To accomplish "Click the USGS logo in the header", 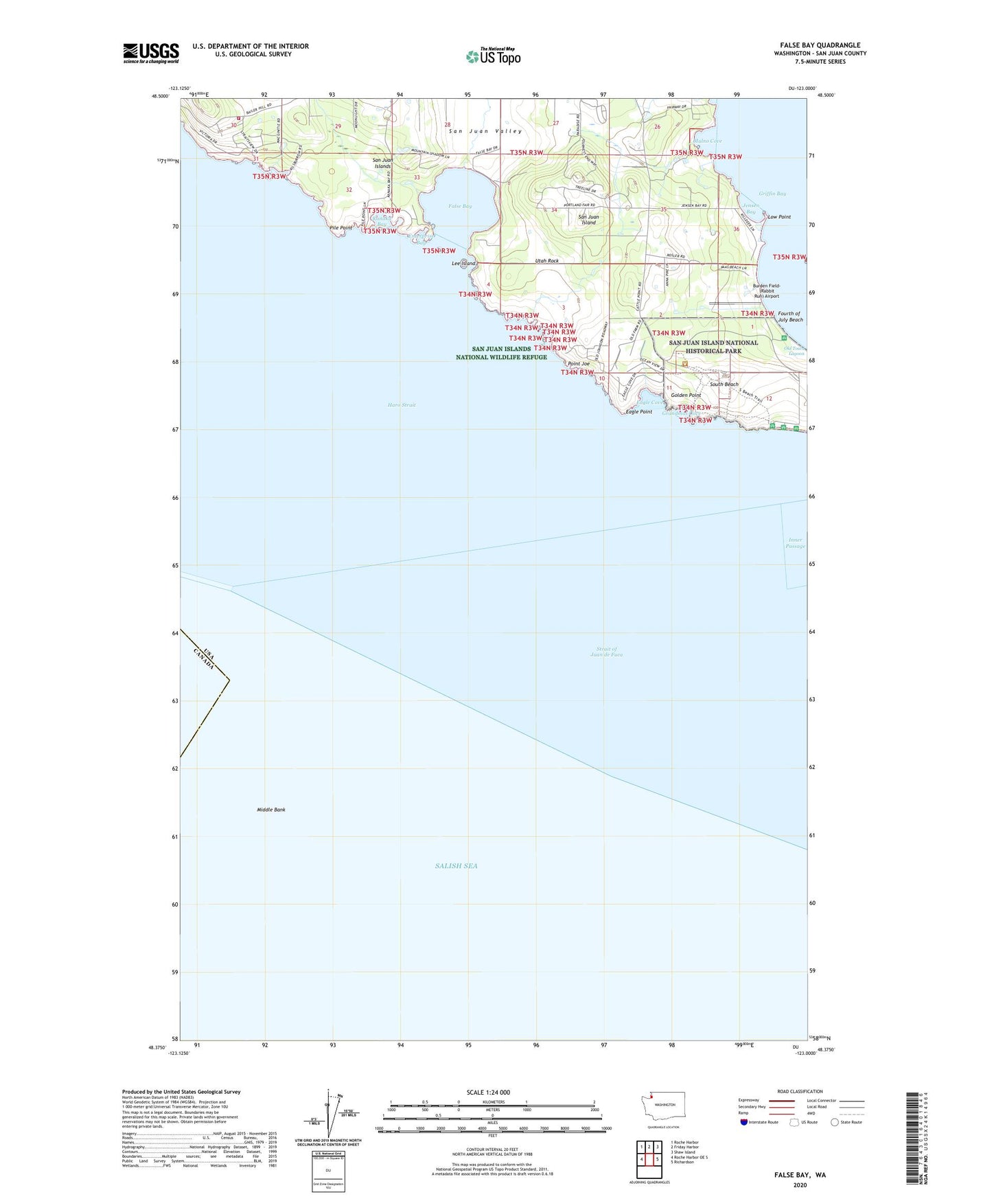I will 151,53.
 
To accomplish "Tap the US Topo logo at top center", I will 492,56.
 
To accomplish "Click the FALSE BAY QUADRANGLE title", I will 820,45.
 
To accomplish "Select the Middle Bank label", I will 271,810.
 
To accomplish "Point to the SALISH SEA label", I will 456,866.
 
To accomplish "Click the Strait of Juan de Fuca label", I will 606,652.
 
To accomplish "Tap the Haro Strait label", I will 402,405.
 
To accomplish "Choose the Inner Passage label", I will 795,543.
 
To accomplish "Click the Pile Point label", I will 341,227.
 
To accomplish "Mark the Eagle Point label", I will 639,411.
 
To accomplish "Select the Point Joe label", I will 578,363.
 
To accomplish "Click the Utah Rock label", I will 547,261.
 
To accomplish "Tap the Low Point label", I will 779,217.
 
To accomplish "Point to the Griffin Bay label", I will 772,194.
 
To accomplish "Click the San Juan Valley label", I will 485,131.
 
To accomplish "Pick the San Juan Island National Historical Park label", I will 713,347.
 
